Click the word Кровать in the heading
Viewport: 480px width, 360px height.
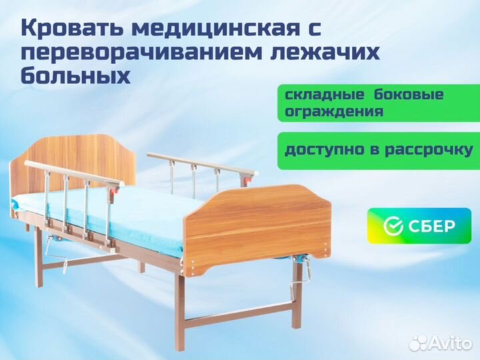(x=72, y=29)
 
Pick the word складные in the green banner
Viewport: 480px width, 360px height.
(x=324, y=95)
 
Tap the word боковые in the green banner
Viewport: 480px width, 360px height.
(x=409, y=94)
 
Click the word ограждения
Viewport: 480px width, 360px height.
(x=334, y=111)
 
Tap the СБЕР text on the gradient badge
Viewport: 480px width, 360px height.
(x=431, y=226)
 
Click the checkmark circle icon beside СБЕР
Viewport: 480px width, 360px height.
(x=393, y=226)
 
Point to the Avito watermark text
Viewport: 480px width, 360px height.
(x=449, y=343)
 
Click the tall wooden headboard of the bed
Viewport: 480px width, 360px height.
(x=73, y=165)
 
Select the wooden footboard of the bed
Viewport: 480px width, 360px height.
(x=258, y=227)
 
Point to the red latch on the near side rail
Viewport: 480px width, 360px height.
(x=115, y=191)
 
